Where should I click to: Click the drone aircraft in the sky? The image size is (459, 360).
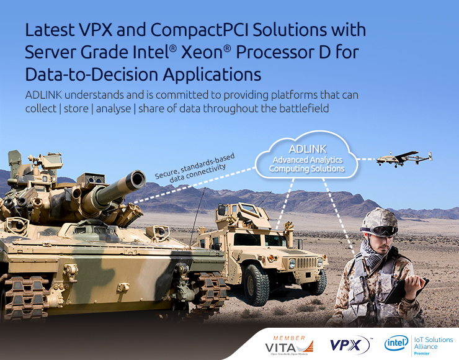coord(405,158)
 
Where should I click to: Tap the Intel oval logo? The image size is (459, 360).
coord(396,343)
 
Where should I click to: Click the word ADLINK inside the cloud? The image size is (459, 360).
coord(306,150)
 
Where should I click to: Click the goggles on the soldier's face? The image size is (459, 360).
coord(384,231)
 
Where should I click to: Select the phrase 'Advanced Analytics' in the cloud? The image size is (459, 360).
coord(306,160)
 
